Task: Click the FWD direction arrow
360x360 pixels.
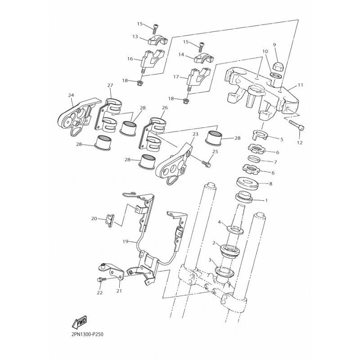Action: click(x=79, y=322)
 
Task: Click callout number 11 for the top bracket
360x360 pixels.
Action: click(x=300, y=85)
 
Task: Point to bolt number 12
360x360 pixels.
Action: click(x=297, y=126)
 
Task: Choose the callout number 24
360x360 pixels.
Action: click(x=71, y=94)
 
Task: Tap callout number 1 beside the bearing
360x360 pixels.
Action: click(x=266, y=200)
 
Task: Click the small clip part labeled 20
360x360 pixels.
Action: click(x=110, y=220)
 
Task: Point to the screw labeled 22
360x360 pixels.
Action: click(x=101, y=280)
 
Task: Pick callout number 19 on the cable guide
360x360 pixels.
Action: click(x=125, y=242)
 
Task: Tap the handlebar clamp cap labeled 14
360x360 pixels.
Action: click(x=204, y=58)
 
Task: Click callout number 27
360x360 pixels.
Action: click(x=110, y=85)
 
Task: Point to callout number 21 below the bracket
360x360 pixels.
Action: click(x=119, y=291)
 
